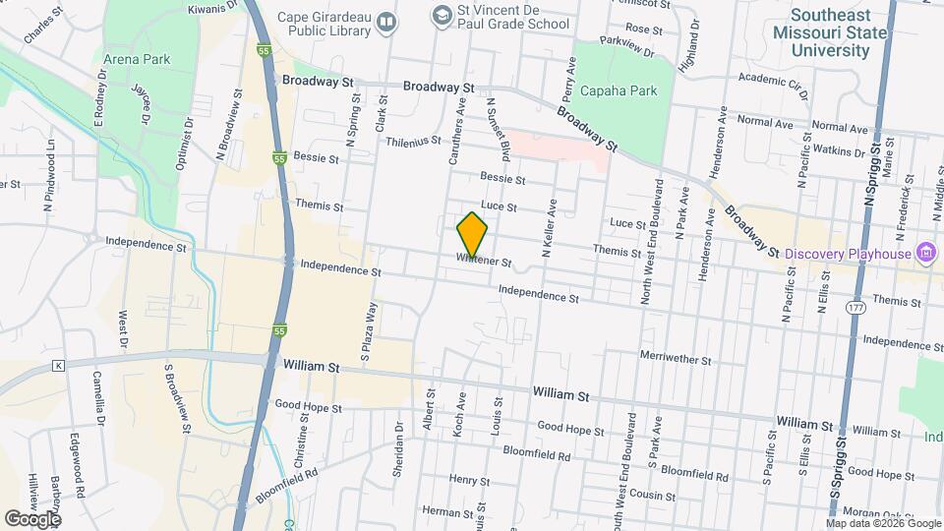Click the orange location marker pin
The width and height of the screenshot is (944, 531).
472,234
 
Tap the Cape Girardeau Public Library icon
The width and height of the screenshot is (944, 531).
388,22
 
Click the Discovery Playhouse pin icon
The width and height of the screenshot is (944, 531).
924,254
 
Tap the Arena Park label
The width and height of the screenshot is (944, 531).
137,59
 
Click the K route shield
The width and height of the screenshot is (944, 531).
58,366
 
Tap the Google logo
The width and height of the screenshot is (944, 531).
32,518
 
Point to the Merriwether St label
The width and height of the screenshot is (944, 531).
675,361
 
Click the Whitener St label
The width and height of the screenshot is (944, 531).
484,262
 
